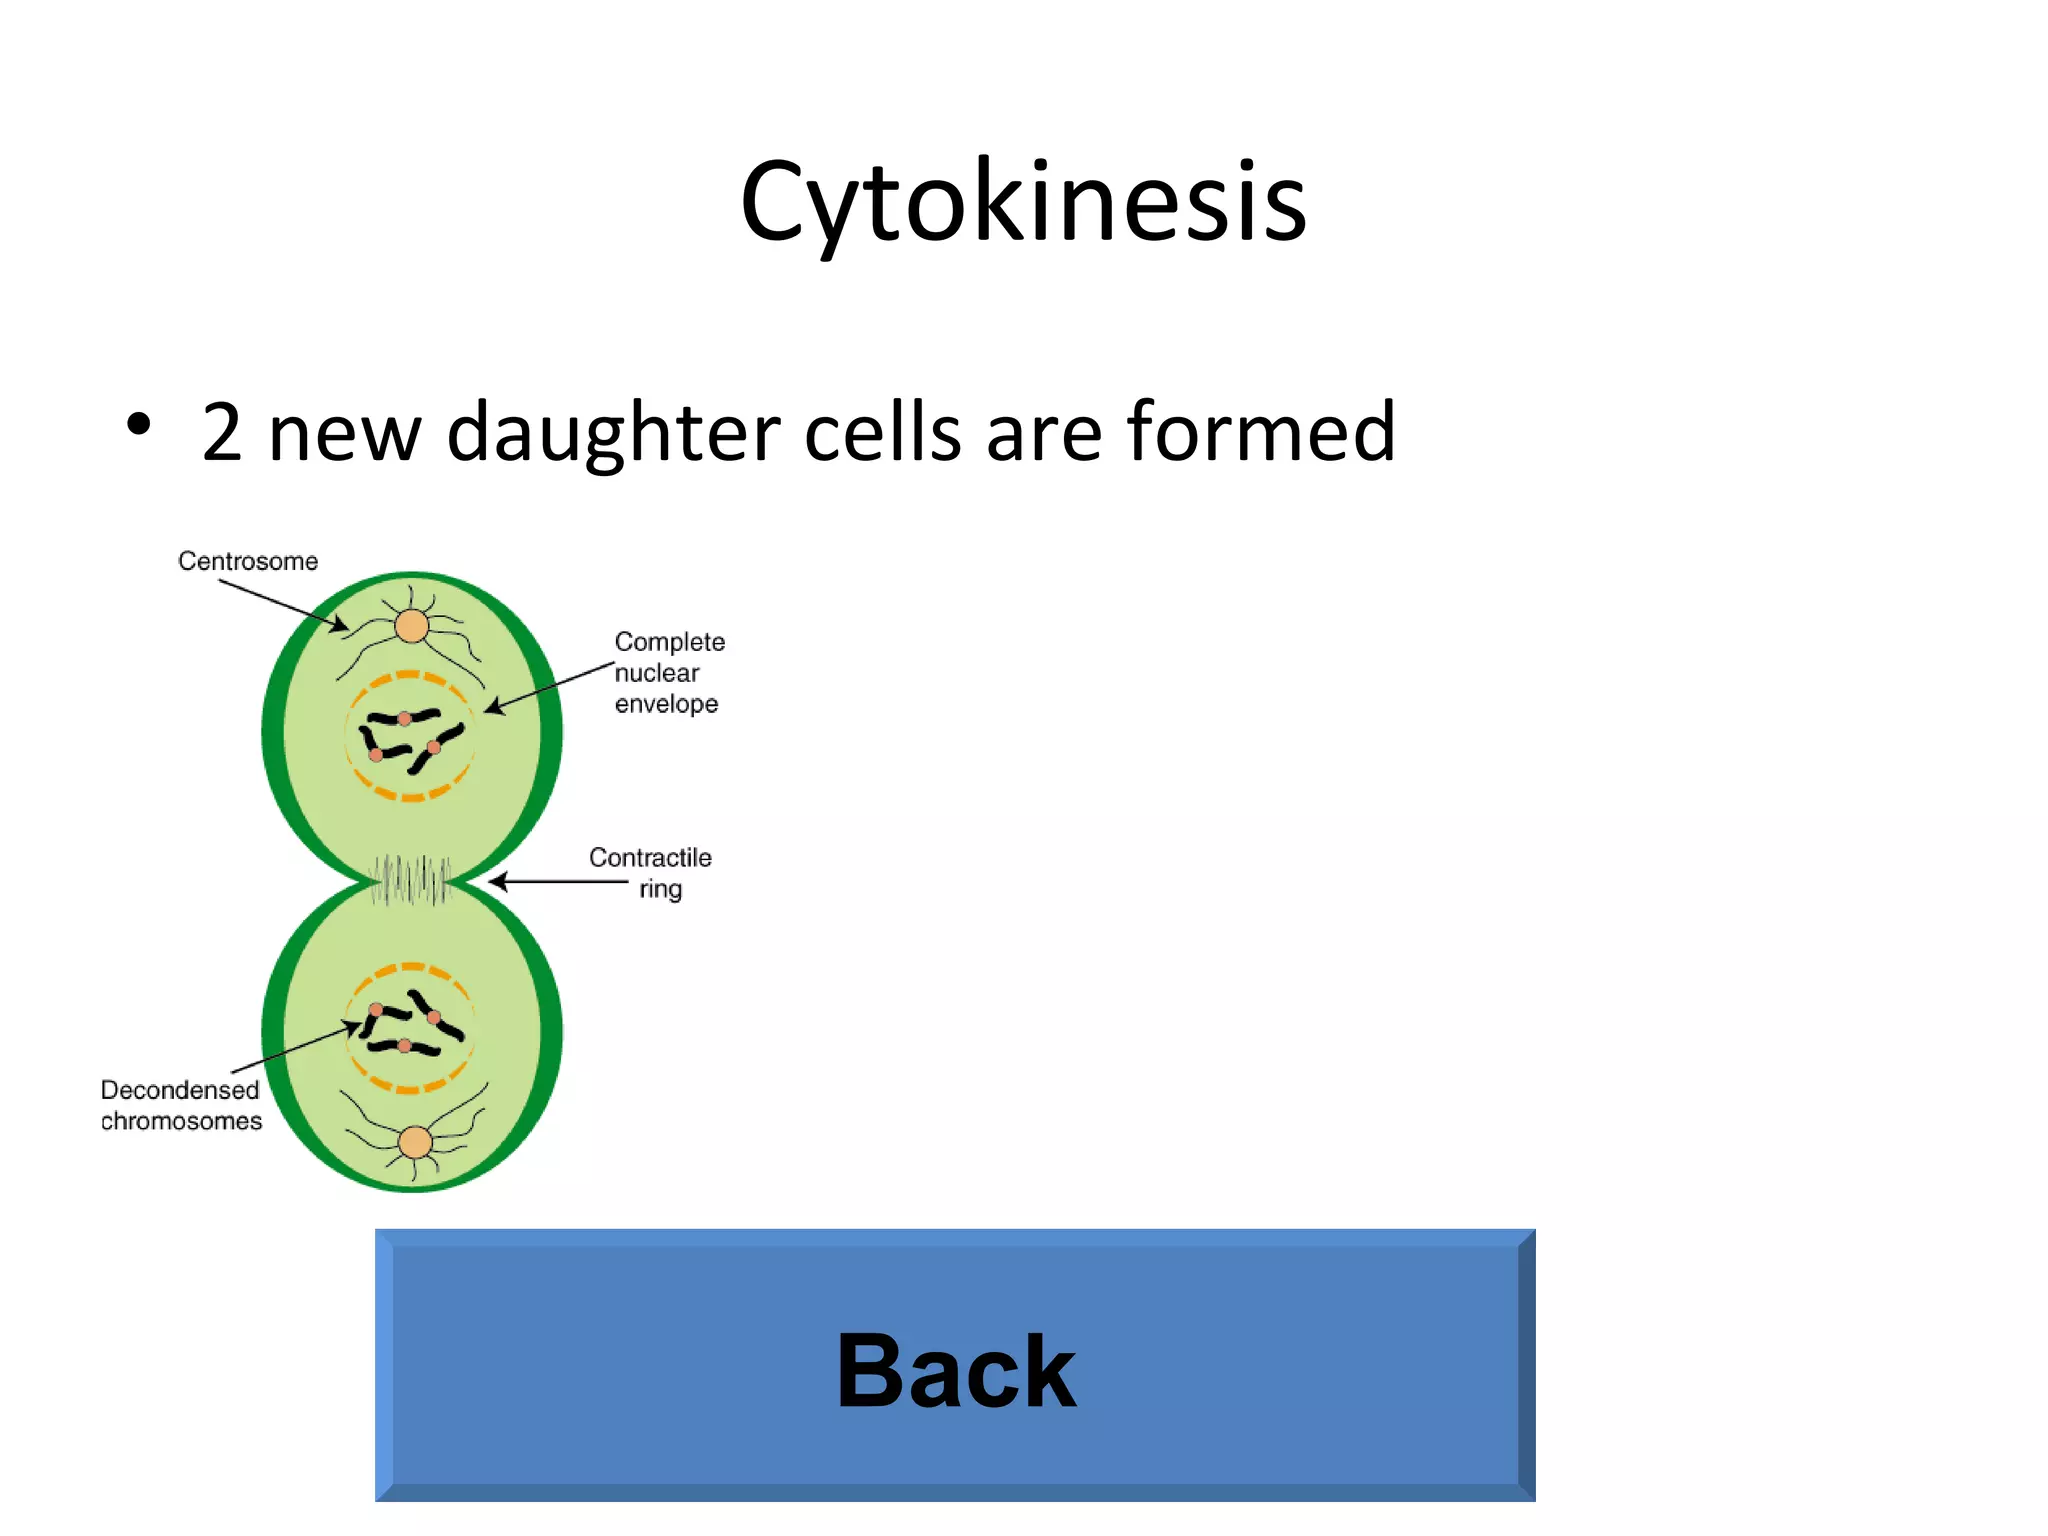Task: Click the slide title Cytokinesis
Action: tap(1023, 203)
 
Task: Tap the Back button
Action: tap(955, 1366)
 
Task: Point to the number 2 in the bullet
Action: tap(222, 432)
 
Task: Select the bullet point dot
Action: tap(139, 424)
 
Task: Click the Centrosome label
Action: tap(248, 561)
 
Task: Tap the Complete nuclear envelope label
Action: tap(668, 673)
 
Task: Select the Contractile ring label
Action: tap(651, 872)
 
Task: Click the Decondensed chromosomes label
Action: tap(181, 1105)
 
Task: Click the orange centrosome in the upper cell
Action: tap(411, 627)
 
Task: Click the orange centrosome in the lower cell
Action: tap(415, 1142)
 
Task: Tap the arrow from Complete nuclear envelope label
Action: tap(550, 687)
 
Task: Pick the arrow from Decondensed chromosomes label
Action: tap(295, 1048)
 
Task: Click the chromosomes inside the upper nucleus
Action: tap(410, 737)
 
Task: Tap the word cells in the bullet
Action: tap(883, 432)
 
